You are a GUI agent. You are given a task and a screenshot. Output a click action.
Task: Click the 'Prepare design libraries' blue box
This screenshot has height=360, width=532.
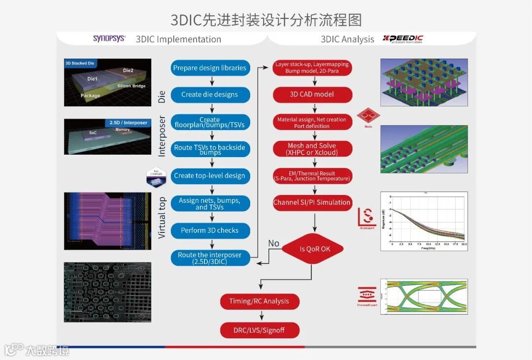coord(210,68)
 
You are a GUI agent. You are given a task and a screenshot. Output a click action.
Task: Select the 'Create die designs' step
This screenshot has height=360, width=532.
coord(210,95)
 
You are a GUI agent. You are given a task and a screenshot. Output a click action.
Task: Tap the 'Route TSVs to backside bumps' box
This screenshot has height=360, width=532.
coord(210,149)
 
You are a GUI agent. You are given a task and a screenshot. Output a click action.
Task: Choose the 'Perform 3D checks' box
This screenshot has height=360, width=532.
coord(210,230)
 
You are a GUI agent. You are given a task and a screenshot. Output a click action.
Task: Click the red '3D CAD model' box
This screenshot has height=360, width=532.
coord(313,95)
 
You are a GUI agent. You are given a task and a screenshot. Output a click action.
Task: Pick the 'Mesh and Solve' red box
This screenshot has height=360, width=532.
coord(313,149)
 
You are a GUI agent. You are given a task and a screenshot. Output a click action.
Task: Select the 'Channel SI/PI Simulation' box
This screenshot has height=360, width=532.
coord(313,202)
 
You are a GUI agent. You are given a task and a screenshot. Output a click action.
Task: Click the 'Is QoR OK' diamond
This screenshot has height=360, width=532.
coord(312,249)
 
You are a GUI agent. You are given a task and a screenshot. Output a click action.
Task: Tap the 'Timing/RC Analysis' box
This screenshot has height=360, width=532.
coord(259,301)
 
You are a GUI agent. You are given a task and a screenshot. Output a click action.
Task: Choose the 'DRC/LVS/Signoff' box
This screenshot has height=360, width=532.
coord(259,330)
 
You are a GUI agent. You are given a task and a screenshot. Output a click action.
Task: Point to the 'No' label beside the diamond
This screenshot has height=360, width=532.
coord(274,243)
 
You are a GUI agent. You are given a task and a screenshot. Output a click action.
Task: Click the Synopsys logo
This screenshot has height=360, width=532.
coord(109,38)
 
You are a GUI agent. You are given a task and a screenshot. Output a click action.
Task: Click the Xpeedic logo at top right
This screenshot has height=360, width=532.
coord(403,39)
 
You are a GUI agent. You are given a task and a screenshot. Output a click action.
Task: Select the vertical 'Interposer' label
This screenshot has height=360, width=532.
coord(162,136)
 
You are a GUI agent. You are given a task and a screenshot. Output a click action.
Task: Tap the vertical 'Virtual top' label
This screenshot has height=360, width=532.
coord(162,217)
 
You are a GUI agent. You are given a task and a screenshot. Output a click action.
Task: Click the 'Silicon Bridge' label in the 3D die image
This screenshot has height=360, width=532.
coord(132,86)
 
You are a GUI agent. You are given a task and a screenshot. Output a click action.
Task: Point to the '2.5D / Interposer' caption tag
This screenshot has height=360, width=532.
coord(128,123)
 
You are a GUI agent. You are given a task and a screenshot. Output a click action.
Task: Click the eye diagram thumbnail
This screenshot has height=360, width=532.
coord(424,296)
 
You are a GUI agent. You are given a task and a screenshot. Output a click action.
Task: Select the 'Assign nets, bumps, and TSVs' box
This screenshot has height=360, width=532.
coord(210,204)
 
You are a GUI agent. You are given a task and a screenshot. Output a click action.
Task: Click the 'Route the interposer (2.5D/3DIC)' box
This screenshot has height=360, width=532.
coord(210,258)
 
